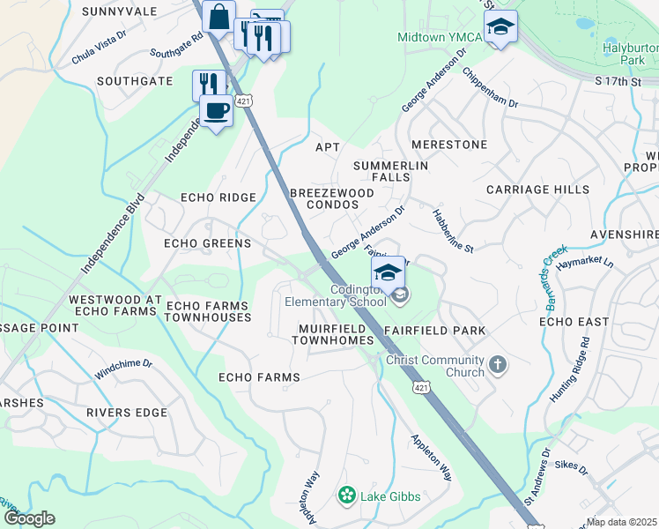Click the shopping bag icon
click(218, 16)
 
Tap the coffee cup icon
click(216, 110)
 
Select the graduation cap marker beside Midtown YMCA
click(500, 26)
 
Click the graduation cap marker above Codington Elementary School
click(388, 272)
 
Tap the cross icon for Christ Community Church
click(498, 364)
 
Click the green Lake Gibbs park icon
click(347, 496)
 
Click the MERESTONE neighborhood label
click(449, 144)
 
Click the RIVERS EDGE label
click(127, 412)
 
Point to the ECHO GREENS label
click(208, 243)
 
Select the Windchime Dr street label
click(123, 368)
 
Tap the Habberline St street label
click(452, 231)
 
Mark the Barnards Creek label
click(542, 270)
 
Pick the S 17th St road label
click(617, 81)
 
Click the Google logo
click(29, 518)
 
